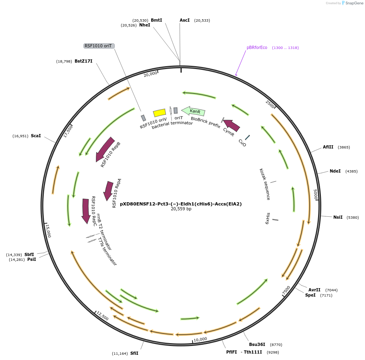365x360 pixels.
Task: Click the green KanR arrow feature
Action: tap(193, 111)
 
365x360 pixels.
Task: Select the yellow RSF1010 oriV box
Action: tap(160, 113)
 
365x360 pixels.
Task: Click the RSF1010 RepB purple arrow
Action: tap(105, 149)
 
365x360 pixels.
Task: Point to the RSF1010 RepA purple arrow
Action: tap(108, 191)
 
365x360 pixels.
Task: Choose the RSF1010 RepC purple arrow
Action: tap(86, 211)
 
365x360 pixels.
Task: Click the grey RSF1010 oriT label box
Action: tap(99, 46)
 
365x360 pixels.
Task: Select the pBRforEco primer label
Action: tap(257, 47)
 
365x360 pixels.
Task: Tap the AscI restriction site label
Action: tap(185, 20)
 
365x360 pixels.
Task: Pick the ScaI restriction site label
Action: tap(36, 136)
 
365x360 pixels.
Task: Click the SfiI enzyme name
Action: tap(134, 353)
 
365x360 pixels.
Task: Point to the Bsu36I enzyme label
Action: tap(257, 344)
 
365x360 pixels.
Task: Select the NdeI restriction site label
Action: tap(335, 171)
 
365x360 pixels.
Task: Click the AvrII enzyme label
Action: tap(314, 290)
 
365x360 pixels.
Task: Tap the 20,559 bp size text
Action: tap(181, 209)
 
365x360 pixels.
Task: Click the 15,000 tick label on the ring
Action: tap(48, 231)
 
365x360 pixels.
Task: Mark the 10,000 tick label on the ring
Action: tap(200, 339)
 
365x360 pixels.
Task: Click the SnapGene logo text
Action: tap(354, 3)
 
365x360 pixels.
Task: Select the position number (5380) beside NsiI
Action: tap(353, 218)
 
